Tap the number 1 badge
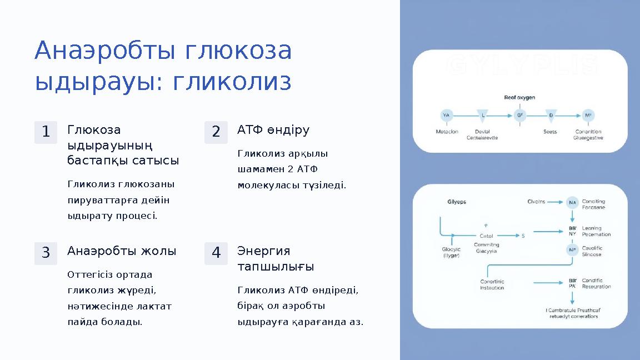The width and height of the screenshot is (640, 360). coord(46,132)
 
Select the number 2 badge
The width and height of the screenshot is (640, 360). coord(216,132)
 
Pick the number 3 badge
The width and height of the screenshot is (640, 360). coord(46,253)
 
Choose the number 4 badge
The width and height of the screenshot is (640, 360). coord(216,253)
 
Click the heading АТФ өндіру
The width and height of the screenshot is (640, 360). coord(273,130)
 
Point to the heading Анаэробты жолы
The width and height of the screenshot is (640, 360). coord(122,251)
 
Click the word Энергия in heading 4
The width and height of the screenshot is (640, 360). coord(264,251)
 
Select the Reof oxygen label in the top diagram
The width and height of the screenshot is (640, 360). coord(519,97)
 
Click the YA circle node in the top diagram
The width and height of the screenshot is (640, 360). coord(446,116)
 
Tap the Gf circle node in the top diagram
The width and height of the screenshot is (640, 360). coord(520,116)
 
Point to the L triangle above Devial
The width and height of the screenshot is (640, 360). coord(483,116)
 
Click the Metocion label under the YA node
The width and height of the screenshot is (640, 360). coord(447,132)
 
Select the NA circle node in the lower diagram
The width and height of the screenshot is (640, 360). coord(572,203)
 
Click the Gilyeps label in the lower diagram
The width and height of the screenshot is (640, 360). coord(457,202)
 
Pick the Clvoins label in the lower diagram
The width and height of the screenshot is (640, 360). coord(536,202)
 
